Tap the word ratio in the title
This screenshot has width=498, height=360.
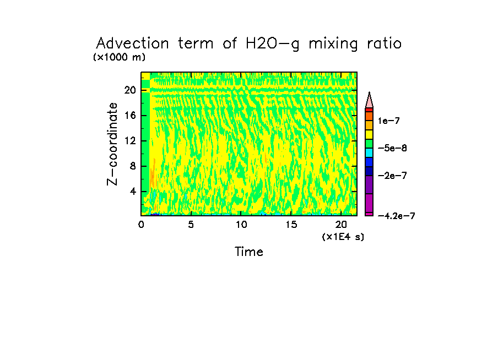[382, 43]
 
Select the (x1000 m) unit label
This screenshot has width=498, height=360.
[120, 57]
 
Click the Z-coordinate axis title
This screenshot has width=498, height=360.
[113, 144]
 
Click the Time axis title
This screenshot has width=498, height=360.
[249, 252]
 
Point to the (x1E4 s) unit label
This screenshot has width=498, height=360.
[343, 237]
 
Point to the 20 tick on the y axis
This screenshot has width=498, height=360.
[129, 90]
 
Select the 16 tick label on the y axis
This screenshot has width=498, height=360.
[129, 116]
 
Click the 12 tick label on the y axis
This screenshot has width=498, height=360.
[129, 141]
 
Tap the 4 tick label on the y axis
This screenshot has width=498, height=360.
[132, 192]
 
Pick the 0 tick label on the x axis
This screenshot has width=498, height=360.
[141, 225]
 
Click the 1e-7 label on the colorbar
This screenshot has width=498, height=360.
[388, 121]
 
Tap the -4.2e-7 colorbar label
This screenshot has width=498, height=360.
[396, 216]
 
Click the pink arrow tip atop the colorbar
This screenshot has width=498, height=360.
[369, 100]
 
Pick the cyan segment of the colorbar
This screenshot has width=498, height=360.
[369, 152]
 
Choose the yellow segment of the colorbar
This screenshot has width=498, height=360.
[369, 134]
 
